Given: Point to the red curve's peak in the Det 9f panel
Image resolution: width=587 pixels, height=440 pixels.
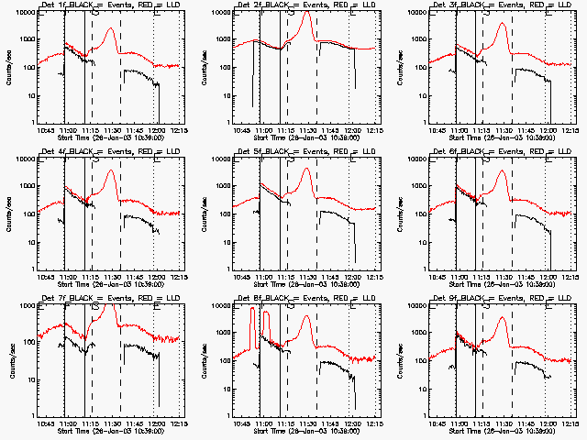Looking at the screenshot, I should tap(502, 319).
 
